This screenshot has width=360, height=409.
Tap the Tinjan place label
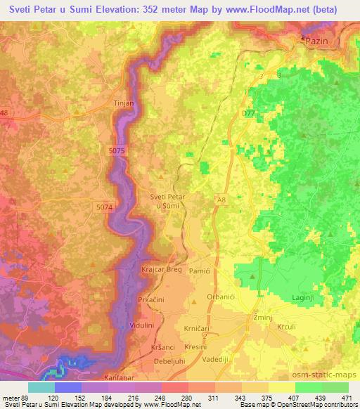click(124, 102)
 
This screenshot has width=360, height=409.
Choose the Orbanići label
click(222, 297)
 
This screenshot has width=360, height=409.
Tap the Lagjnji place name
click(306, 299)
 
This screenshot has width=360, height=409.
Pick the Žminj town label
click(264, 318)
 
